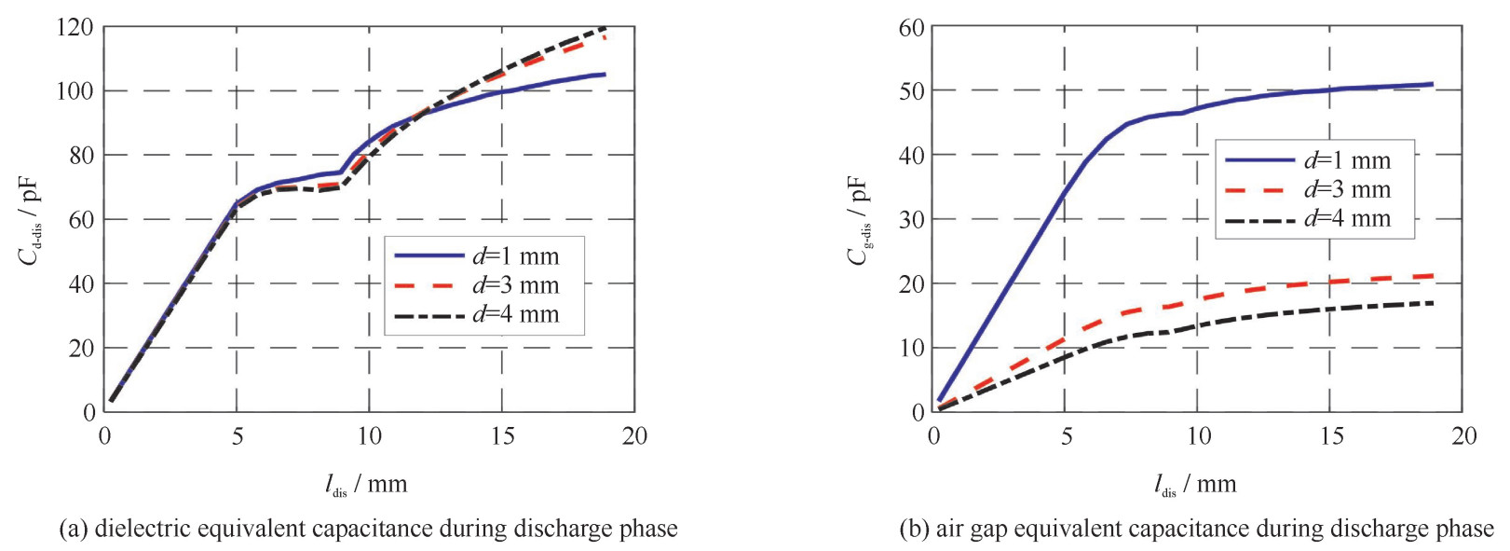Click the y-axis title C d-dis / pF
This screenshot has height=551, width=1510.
(x=29, y=220)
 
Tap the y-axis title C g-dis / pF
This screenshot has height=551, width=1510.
(x=858, y=220)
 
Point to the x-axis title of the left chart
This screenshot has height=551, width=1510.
(x=366, y=484)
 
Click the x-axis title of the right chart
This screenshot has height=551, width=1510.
(x=1195, y=484)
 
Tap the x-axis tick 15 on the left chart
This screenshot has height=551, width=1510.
(x=503, y=435)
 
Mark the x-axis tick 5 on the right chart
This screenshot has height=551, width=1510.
(x=1067, y=435)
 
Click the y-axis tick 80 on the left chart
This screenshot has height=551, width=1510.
(x=81, y=155)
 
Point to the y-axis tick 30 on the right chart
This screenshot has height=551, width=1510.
(x=910, y=219)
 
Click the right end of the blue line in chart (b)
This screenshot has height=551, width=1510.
(x=1432, y=84)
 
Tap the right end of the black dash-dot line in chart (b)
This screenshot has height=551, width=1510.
(x=1432, y=303)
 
